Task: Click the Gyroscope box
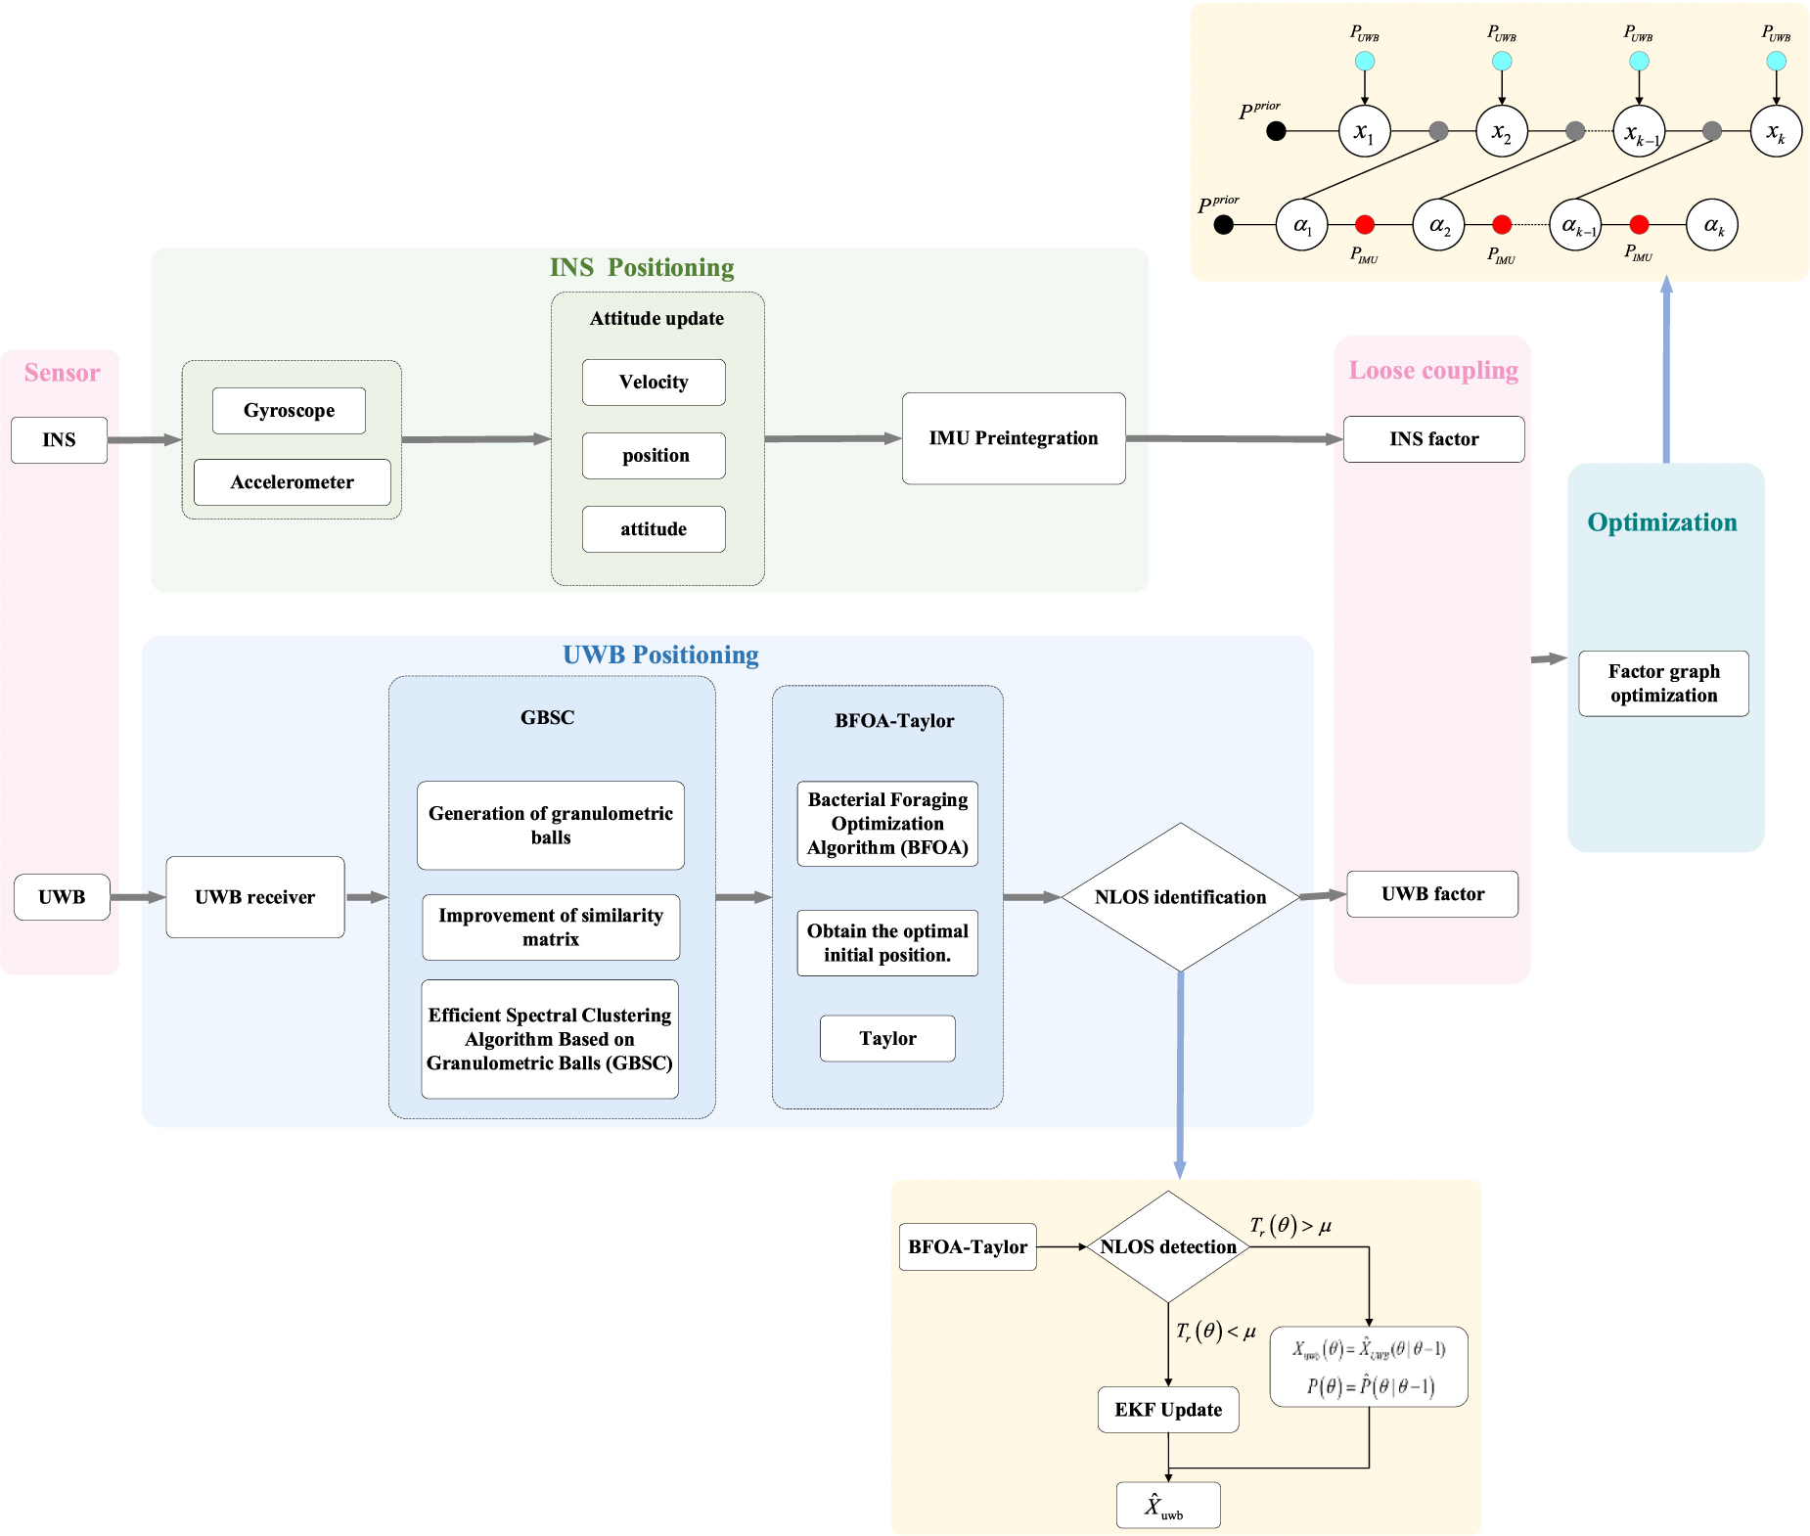coord(289,411)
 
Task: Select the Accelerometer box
coord(293,482)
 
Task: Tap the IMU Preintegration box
coord(1014,438)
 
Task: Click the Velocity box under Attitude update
coord(654,383)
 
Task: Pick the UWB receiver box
coord(255,897)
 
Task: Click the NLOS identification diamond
coord(1181,897)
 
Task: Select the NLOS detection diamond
coord(1168,1246)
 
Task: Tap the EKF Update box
coord(1168,1410)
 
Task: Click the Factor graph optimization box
coord(1664,684)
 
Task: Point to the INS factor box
coord(1434,439)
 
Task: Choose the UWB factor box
coord(1432,894)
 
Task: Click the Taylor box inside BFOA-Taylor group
coord(887,1038)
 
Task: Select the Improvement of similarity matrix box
coord(551,927)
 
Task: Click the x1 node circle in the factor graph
coord(1364,131)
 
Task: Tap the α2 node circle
coord(1438,225)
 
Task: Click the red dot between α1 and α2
coord(1365,225)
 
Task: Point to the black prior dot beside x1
coord(1276,131)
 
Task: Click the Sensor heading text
coord(62,373)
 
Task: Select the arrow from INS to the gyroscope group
coord(145,440)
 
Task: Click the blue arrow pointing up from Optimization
coord(1666,369)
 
